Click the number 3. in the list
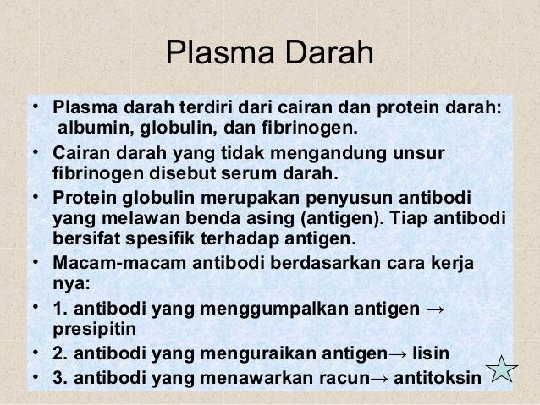click(58, 372)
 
